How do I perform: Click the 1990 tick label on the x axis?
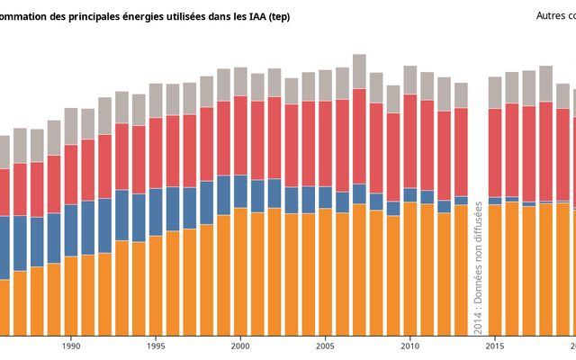pyautogui.click(x=71, y=346)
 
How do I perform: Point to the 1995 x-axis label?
pyautogui.click(x=156, y=346)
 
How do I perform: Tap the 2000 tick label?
pyautogui.click(x=240, y=346)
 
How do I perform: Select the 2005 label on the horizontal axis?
pyautogui.click(x=325, y=346)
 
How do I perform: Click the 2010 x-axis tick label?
pyautogui.click(x=410, y=346)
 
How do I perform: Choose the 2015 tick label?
pyautogui.click(x=495, y=346)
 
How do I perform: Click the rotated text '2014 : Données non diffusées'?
pyautogui.click(x=478, y=266)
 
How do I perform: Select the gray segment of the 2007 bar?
pyautogui.click(x=359, y=71)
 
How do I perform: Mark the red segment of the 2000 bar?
pyautogui.click(x=240, y=135)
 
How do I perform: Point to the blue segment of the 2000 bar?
pyautogui.click(x=240, y=191)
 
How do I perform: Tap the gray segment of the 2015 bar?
pyautogui.click(x=495, y=93)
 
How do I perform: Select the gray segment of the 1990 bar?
pyautogui.click(x=71, y=126)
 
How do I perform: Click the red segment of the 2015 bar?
pyautogui.click(x=495, y=152)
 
